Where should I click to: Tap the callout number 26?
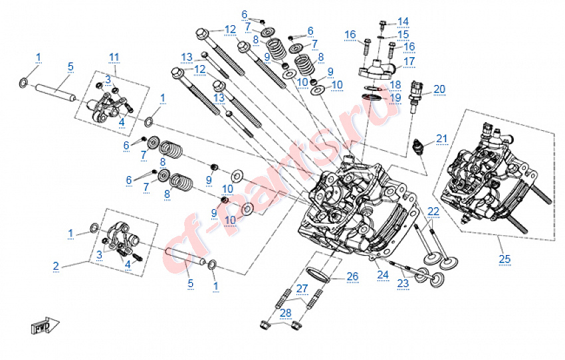352,276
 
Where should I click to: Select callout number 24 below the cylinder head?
382,274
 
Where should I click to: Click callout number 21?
443,139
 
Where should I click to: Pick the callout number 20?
439,89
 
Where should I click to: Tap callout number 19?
395,98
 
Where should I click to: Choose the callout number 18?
395,84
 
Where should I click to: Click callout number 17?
409,61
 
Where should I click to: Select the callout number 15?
403,35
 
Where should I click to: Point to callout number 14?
403,21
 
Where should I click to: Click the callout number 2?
56,266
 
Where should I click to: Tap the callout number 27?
302,288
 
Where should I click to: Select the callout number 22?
433,211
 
